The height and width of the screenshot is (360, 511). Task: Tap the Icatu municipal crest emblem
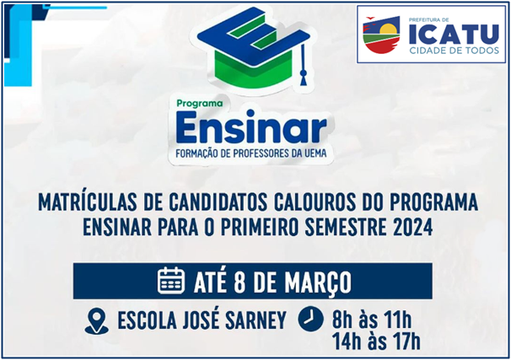pyautogui.click(x=381, y=35)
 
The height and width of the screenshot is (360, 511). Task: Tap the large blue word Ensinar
pyautogui.click(x=250, y=128)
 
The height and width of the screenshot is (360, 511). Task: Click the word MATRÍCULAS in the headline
pyautogui.click(x=90, y=203)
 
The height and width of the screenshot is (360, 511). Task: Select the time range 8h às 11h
pyautogui.click(x=372, y=320)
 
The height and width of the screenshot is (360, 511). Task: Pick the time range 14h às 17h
pyautogui.click(x=376, y=341)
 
